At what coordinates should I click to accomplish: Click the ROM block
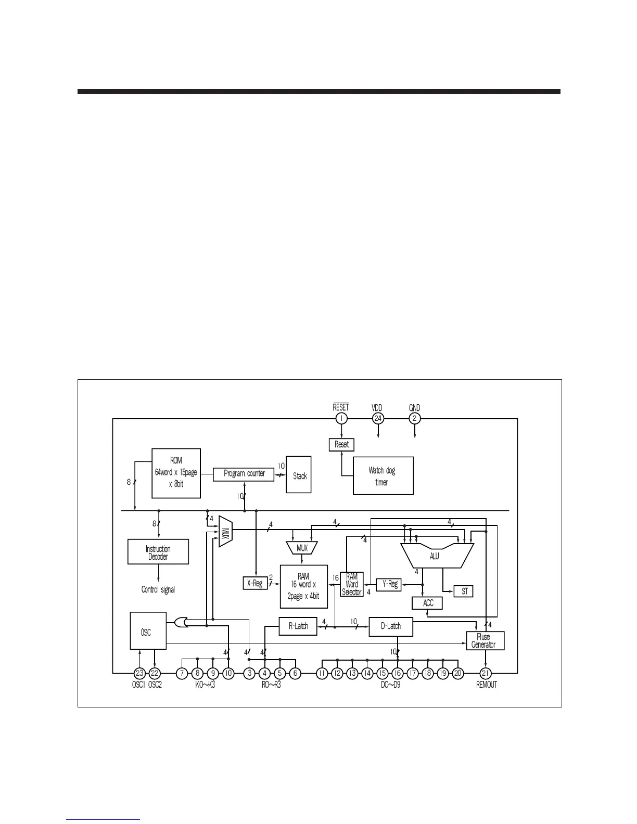coord(176,473)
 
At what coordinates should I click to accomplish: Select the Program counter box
coord(244,474)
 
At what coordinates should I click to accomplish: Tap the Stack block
coord(299,475)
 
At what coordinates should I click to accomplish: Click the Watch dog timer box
coord(383,476)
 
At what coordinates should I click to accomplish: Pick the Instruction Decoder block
coord(158,552)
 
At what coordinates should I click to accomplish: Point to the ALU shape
coord(435,556)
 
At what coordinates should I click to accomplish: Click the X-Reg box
coord(254,583)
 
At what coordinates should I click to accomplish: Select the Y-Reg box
coord(389,584)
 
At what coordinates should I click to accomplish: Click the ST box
coord(464,591)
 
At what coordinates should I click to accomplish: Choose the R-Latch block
coord(298,626)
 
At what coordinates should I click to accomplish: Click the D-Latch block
coord(391,626)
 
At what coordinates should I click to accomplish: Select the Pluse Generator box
coord(484,641)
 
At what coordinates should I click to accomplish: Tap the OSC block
coord(148,631)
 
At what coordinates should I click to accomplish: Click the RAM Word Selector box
coord(352,584)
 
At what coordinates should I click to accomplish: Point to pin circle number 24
coord(378,419)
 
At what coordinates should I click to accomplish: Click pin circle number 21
coord(486,674)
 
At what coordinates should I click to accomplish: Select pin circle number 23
coord(139,674)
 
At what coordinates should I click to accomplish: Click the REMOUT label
coord(487,685)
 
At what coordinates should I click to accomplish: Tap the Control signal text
coord(158,590)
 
